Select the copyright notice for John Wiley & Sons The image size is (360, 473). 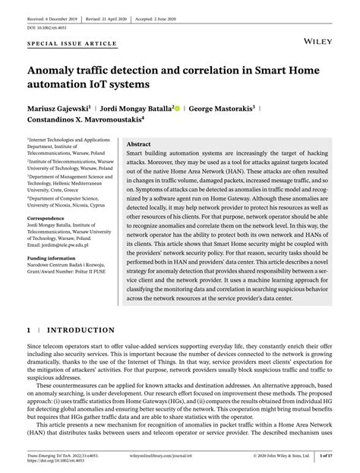[279, 456]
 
